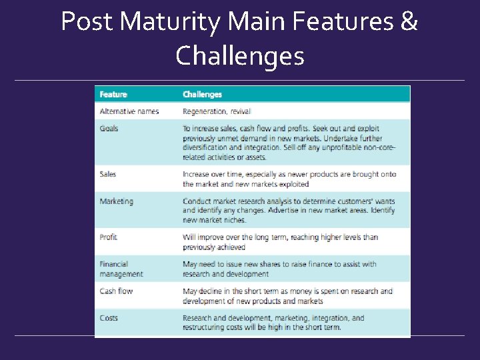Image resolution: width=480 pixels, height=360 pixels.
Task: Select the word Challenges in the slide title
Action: (x=240, y=56)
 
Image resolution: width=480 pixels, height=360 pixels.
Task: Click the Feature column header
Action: (x=113, y=95)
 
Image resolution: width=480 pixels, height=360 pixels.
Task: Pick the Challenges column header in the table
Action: (x=202, y=95)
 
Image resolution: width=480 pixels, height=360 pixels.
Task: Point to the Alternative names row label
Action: (x=129, y=111)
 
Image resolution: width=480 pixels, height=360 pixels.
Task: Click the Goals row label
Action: (x=109, y=128)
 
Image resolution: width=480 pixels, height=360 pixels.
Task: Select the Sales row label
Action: (x=108, y=174)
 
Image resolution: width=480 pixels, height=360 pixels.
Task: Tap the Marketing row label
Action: (x=117, y=201)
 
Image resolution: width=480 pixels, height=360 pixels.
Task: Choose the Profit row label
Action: (x=109, y=237)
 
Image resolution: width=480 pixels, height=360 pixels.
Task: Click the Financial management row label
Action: (x=121, y=269)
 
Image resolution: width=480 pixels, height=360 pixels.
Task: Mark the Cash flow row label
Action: (x=116, y=291)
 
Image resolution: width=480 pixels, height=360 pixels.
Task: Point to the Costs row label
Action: (x=109, y=318)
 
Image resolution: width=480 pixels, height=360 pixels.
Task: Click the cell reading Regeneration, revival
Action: (x=217, y=111)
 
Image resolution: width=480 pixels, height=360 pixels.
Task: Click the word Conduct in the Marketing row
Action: (x=197, y=201)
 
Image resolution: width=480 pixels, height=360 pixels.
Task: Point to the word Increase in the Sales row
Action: (x=198, y=174)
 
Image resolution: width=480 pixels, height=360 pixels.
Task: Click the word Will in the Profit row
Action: (x=189, y=237)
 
